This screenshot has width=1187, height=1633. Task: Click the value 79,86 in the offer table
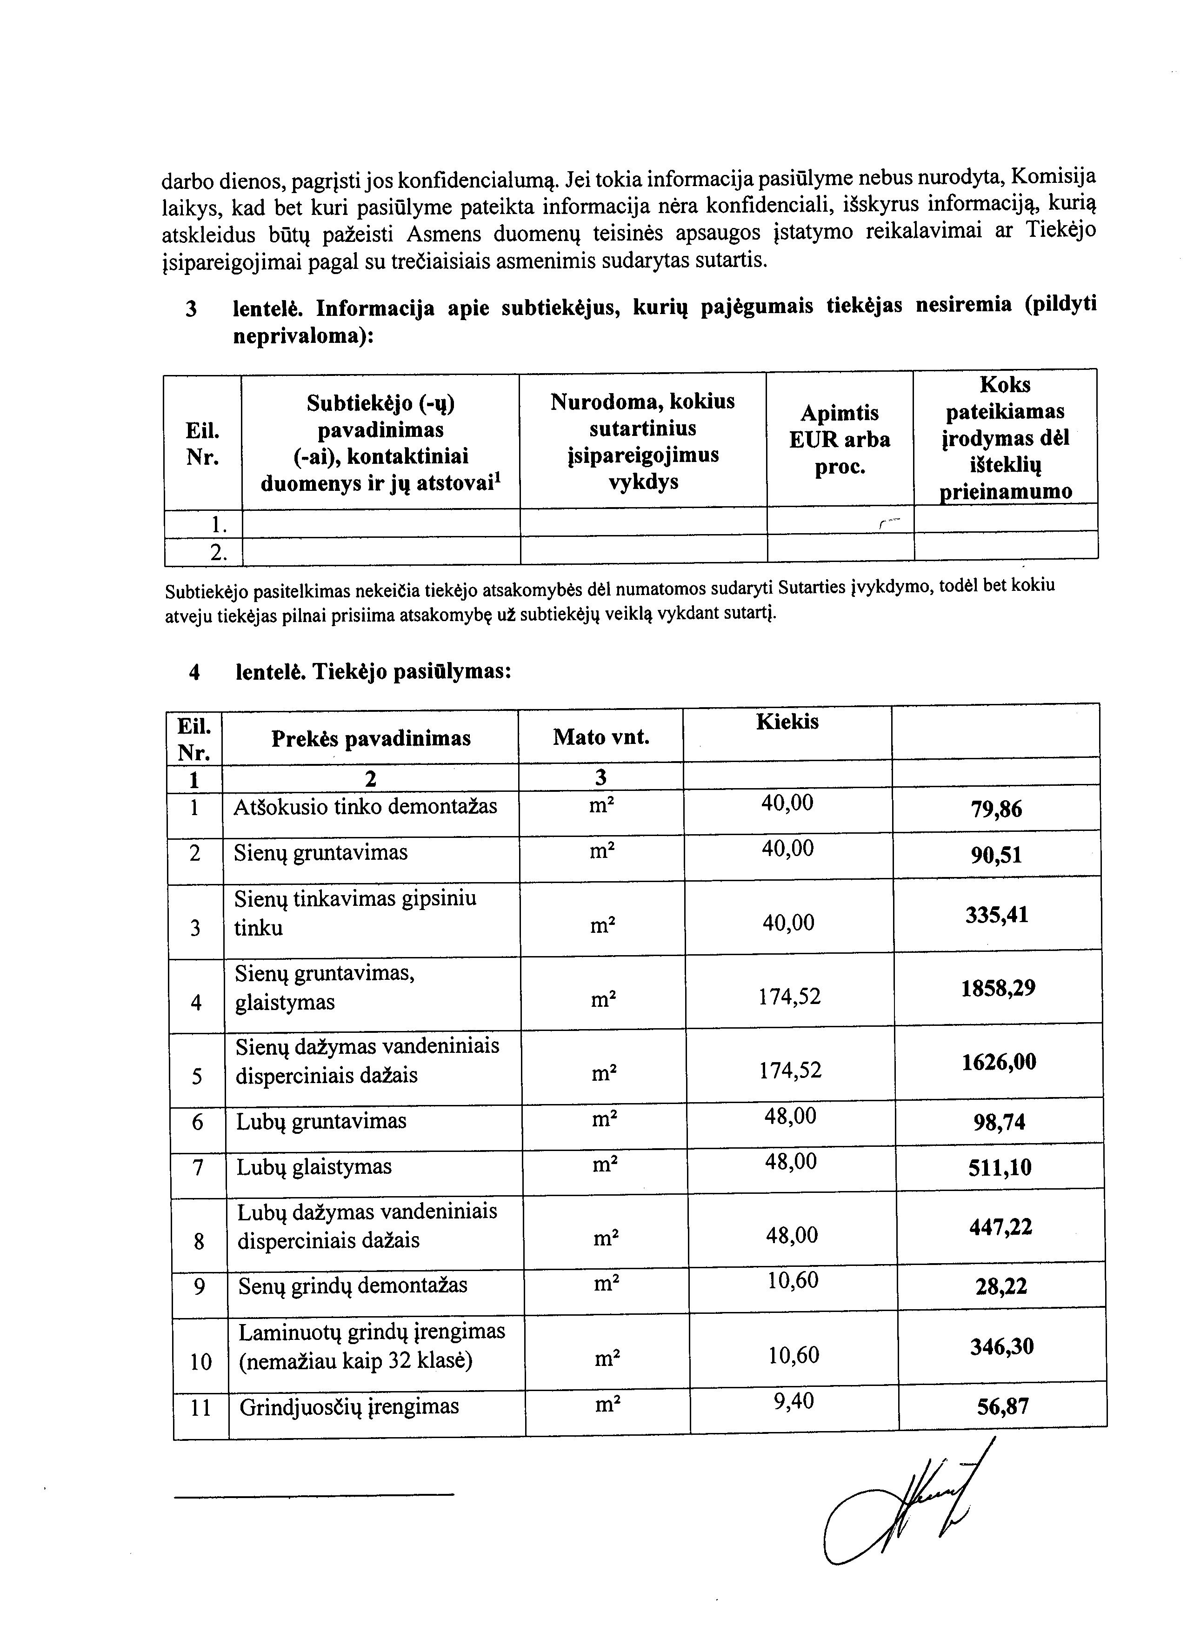[996, 810]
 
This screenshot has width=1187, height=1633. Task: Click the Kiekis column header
[787, 722]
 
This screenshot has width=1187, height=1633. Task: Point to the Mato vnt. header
[600, 737]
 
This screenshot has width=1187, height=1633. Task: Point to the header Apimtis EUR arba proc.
[840, 440]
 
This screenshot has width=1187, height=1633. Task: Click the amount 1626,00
[999, 1062]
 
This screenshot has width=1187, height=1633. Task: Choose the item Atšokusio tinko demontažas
[365, 806]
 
